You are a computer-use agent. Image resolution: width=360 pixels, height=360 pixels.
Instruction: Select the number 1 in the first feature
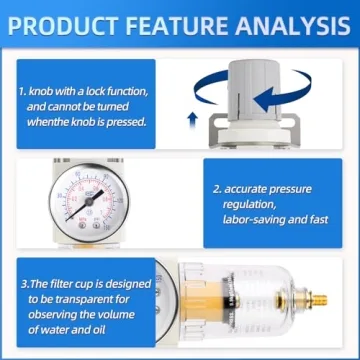click(25, 91)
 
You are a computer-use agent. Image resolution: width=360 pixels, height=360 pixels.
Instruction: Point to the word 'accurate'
click(250, 187)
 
